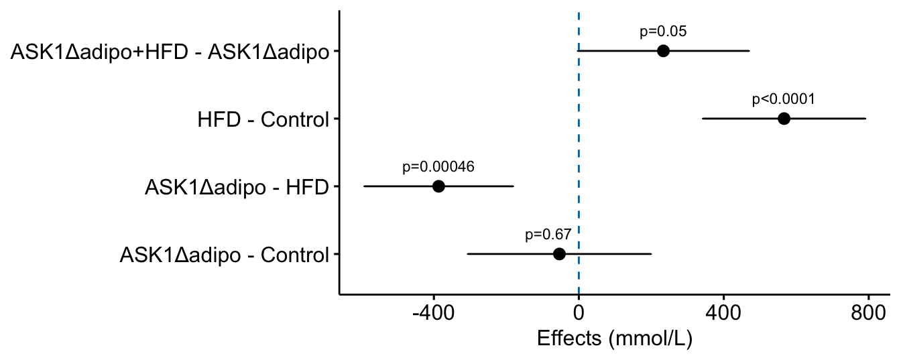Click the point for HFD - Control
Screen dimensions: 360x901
pyautogui.click(x=784, y=119)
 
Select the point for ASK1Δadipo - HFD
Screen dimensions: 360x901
pyautogui.click(x=438, y=186)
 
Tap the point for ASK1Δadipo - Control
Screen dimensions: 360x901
pyautogui.click(x=559, y=254)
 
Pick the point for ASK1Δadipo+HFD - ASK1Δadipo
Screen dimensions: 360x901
pyautogui.click(x=663, y=51)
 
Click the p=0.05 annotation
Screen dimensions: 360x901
pyautogui.click(x=663, y=32)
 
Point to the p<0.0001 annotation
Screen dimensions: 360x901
pyautogui.click(x=784, y=99)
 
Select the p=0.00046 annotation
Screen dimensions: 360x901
pyautogui.click(x=438, y=167)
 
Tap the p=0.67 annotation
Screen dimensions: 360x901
pyautogui.click(x=548, y=235)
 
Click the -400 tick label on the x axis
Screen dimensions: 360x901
pyautogui.click(x=433, y=313)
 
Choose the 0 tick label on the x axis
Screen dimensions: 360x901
pyautogui.click(x=579, y=313)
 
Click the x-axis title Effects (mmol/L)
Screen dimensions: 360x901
pyautogui.click(x=614, y=339)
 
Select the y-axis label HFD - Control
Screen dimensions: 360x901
pyautogui.click(x=263, y=120)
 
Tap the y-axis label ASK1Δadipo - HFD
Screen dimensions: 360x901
pyautogui.click(x=237, y=188)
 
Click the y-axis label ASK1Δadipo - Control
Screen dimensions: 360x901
pyautogui.click(x=225, y=255)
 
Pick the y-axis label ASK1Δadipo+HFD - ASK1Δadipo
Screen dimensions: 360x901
pyautogui.click(x=170, y=52)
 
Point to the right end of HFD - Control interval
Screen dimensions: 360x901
pyautogui.click(x=866, y=119)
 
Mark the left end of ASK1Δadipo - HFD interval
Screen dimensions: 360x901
pyautogui.click(x=363, y=186)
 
